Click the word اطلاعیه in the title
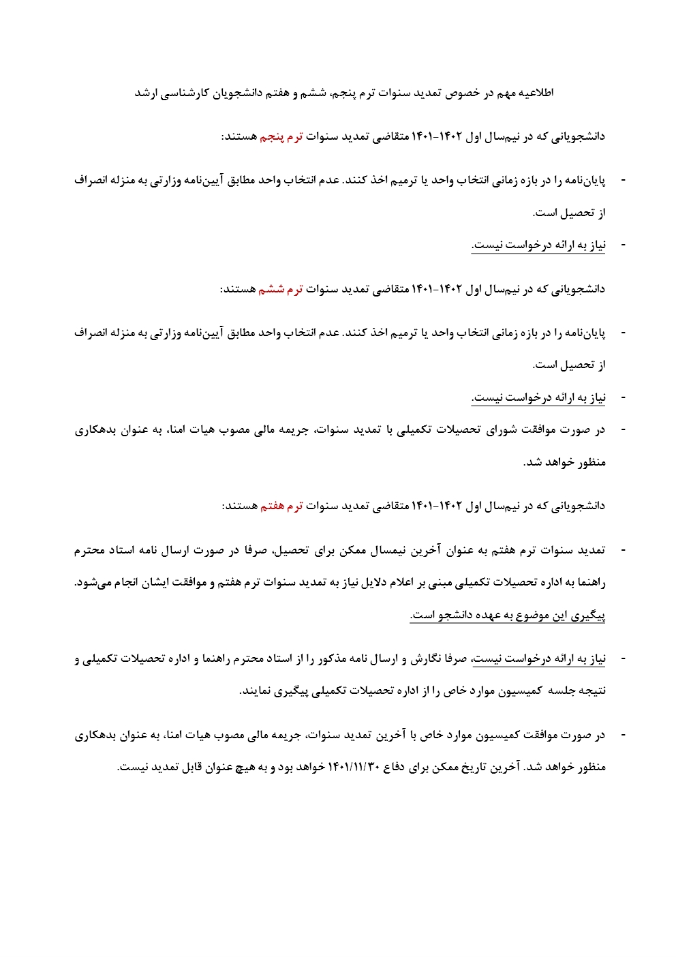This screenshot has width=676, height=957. [x=536, y=93]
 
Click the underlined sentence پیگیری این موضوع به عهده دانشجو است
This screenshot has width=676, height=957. [x=508, y=616]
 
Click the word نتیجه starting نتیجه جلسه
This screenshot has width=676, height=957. [x=590, y=691]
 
